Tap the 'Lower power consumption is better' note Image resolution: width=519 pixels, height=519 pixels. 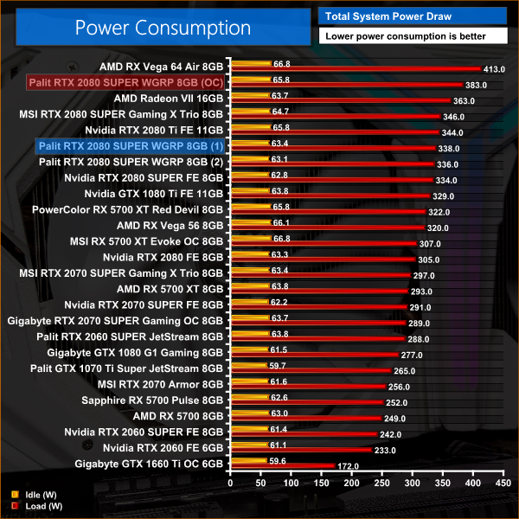click(402, 36)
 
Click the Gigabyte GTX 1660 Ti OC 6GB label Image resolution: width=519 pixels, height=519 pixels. click(150, 463)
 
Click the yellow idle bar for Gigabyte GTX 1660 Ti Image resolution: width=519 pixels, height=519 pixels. click(247, 461)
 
